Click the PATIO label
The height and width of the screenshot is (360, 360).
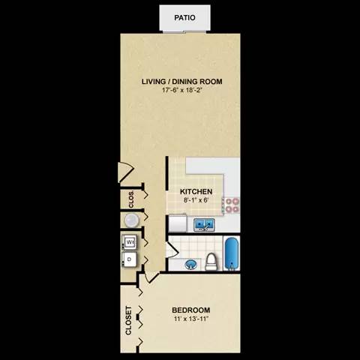(184, 16)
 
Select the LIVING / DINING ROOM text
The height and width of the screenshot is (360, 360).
(183, 82)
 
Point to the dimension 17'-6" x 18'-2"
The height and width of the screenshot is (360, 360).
(183, 91)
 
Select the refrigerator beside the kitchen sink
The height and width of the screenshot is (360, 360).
(176, 224)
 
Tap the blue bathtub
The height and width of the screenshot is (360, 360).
(232, 253)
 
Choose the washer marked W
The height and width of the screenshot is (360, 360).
(129, 242)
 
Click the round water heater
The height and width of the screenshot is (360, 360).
(131, 220)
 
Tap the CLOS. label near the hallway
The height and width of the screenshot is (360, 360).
(130, 199)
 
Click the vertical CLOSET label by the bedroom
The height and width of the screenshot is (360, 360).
(128, 320)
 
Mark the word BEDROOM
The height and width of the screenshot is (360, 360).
(190, 310)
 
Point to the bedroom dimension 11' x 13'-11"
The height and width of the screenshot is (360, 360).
(190, 319)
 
